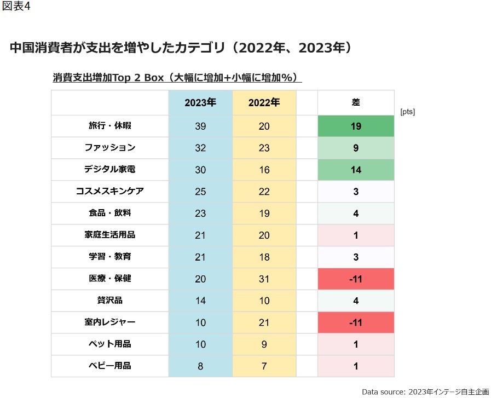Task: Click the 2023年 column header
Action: click(x=200, y=102)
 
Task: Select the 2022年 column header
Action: click(x=264, y=102)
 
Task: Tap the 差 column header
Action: click(x=356, y=102)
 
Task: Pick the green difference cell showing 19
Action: click(x=356, y=126)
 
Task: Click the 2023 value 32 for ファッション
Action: click(x=200, y=148)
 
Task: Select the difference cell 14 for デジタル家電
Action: click(x=356, y=170)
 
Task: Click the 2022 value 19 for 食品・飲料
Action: click(x=264, y=214)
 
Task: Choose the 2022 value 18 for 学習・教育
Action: click(x=264, y=257)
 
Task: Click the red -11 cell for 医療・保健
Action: click(x=356, y=279)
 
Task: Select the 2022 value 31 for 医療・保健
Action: click(x=264, y=279)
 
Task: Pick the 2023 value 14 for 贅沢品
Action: click(x=200, y=301)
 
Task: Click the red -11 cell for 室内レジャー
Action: click(x=356, y=323)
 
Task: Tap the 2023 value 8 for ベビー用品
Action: click(x=200, y=366)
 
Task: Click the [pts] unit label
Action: click(x=407, y=112)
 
